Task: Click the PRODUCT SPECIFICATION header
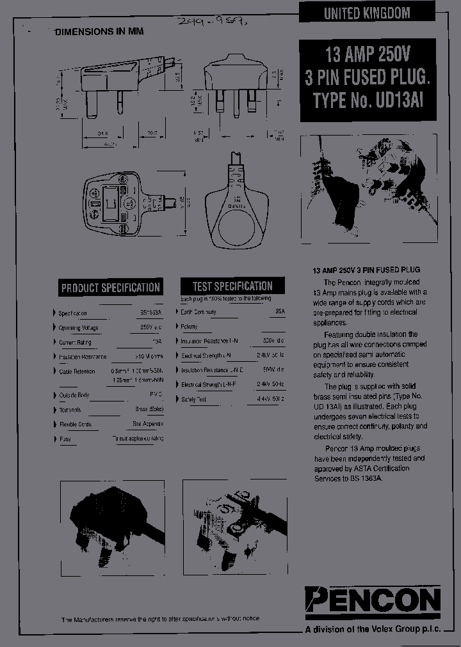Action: [110, 288]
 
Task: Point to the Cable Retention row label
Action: [76, 371]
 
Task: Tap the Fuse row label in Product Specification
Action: [65, 439]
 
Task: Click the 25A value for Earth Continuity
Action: [279, 311]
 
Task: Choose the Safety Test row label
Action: [193, 399]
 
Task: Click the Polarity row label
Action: [189, 326]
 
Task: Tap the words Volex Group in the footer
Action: [396, 630]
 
